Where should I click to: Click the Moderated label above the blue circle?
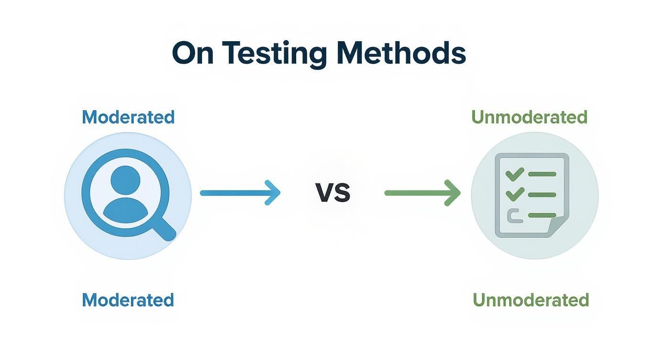coord(128,117)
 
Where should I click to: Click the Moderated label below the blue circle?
coord(128,300)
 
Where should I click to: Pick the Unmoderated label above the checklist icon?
coord(529,117)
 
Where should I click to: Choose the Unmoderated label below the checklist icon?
coord(531,300)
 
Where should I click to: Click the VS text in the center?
coord(333,193)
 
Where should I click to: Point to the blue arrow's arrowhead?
coord(274,193)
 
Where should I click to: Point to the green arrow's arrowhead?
coord(454,193)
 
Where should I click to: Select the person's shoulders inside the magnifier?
coord(125,211)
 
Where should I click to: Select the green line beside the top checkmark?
coord(542,174)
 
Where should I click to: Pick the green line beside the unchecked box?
coord(542,215)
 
